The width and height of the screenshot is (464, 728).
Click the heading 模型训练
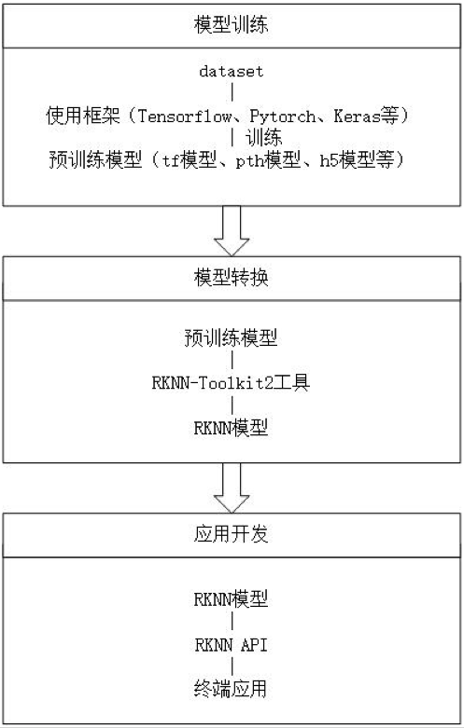coord(232,24)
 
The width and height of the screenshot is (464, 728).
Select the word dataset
coord(232,72)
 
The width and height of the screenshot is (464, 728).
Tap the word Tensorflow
coord(185,116)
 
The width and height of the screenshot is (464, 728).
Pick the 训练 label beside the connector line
coord(263,137)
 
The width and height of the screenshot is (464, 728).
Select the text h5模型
coord(347,160)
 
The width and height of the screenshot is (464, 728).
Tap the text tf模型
coord(190,160)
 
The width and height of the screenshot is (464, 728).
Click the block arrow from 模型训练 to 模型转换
coord(232,231)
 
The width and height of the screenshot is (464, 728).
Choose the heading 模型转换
coord(232,278)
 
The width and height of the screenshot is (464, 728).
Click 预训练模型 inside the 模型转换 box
coord(232,337)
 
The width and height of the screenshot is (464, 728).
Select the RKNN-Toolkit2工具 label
coord(232,382)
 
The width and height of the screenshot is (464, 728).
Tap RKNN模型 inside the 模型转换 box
coord(232,428)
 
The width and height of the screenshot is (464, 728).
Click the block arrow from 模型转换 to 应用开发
coord(232,488)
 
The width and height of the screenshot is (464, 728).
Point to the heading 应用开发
coord(232,534)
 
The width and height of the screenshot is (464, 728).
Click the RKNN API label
coord(232,645)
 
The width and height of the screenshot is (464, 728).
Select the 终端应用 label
coord(232,689)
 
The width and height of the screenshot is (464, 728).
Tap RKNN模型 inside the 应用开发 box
coord(232,599)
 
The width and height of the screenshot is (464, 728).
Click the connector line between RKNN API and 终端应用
coord(232,666)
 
